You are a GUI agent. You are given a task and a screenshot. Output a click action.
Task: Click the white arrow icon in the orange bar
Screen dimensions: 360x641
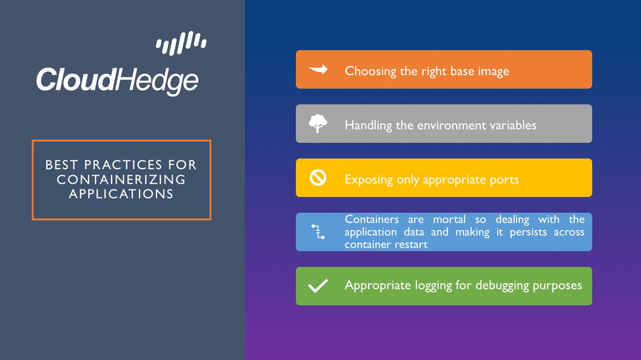[318, 69]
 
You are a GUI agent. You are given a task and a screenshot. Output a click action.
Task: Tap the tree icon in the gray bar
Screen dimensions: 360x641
[317, 124]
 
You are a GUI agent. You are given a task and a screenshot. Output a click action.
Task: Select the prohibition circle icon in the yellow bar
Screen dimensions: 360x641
[318, 178]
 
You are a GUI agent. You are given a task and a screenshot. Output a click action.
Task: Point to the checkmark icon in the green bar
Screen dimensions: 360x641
[318, 286]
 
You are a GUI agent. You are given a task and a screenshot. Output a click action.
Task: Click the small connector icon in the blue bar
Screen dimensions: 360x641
[317, 231]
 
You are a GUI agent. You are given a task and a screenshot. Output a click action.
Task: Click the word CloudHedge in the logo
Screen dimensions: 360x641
[117, 81]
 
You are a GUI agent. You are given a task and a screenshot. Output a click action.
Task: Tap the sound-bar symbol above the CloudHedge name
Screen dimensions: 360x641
[181, 43]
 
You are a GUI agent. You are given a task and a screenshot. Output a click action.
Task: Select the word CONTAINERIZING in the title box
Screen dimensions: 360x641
[121, 179]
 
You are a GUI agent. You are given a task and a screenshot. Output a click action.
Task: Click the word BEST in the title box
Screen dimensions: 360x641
[62, 165]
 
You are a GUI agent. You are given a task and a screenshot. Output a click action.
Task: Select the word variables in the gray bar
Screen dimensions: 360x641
[512, 125]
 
